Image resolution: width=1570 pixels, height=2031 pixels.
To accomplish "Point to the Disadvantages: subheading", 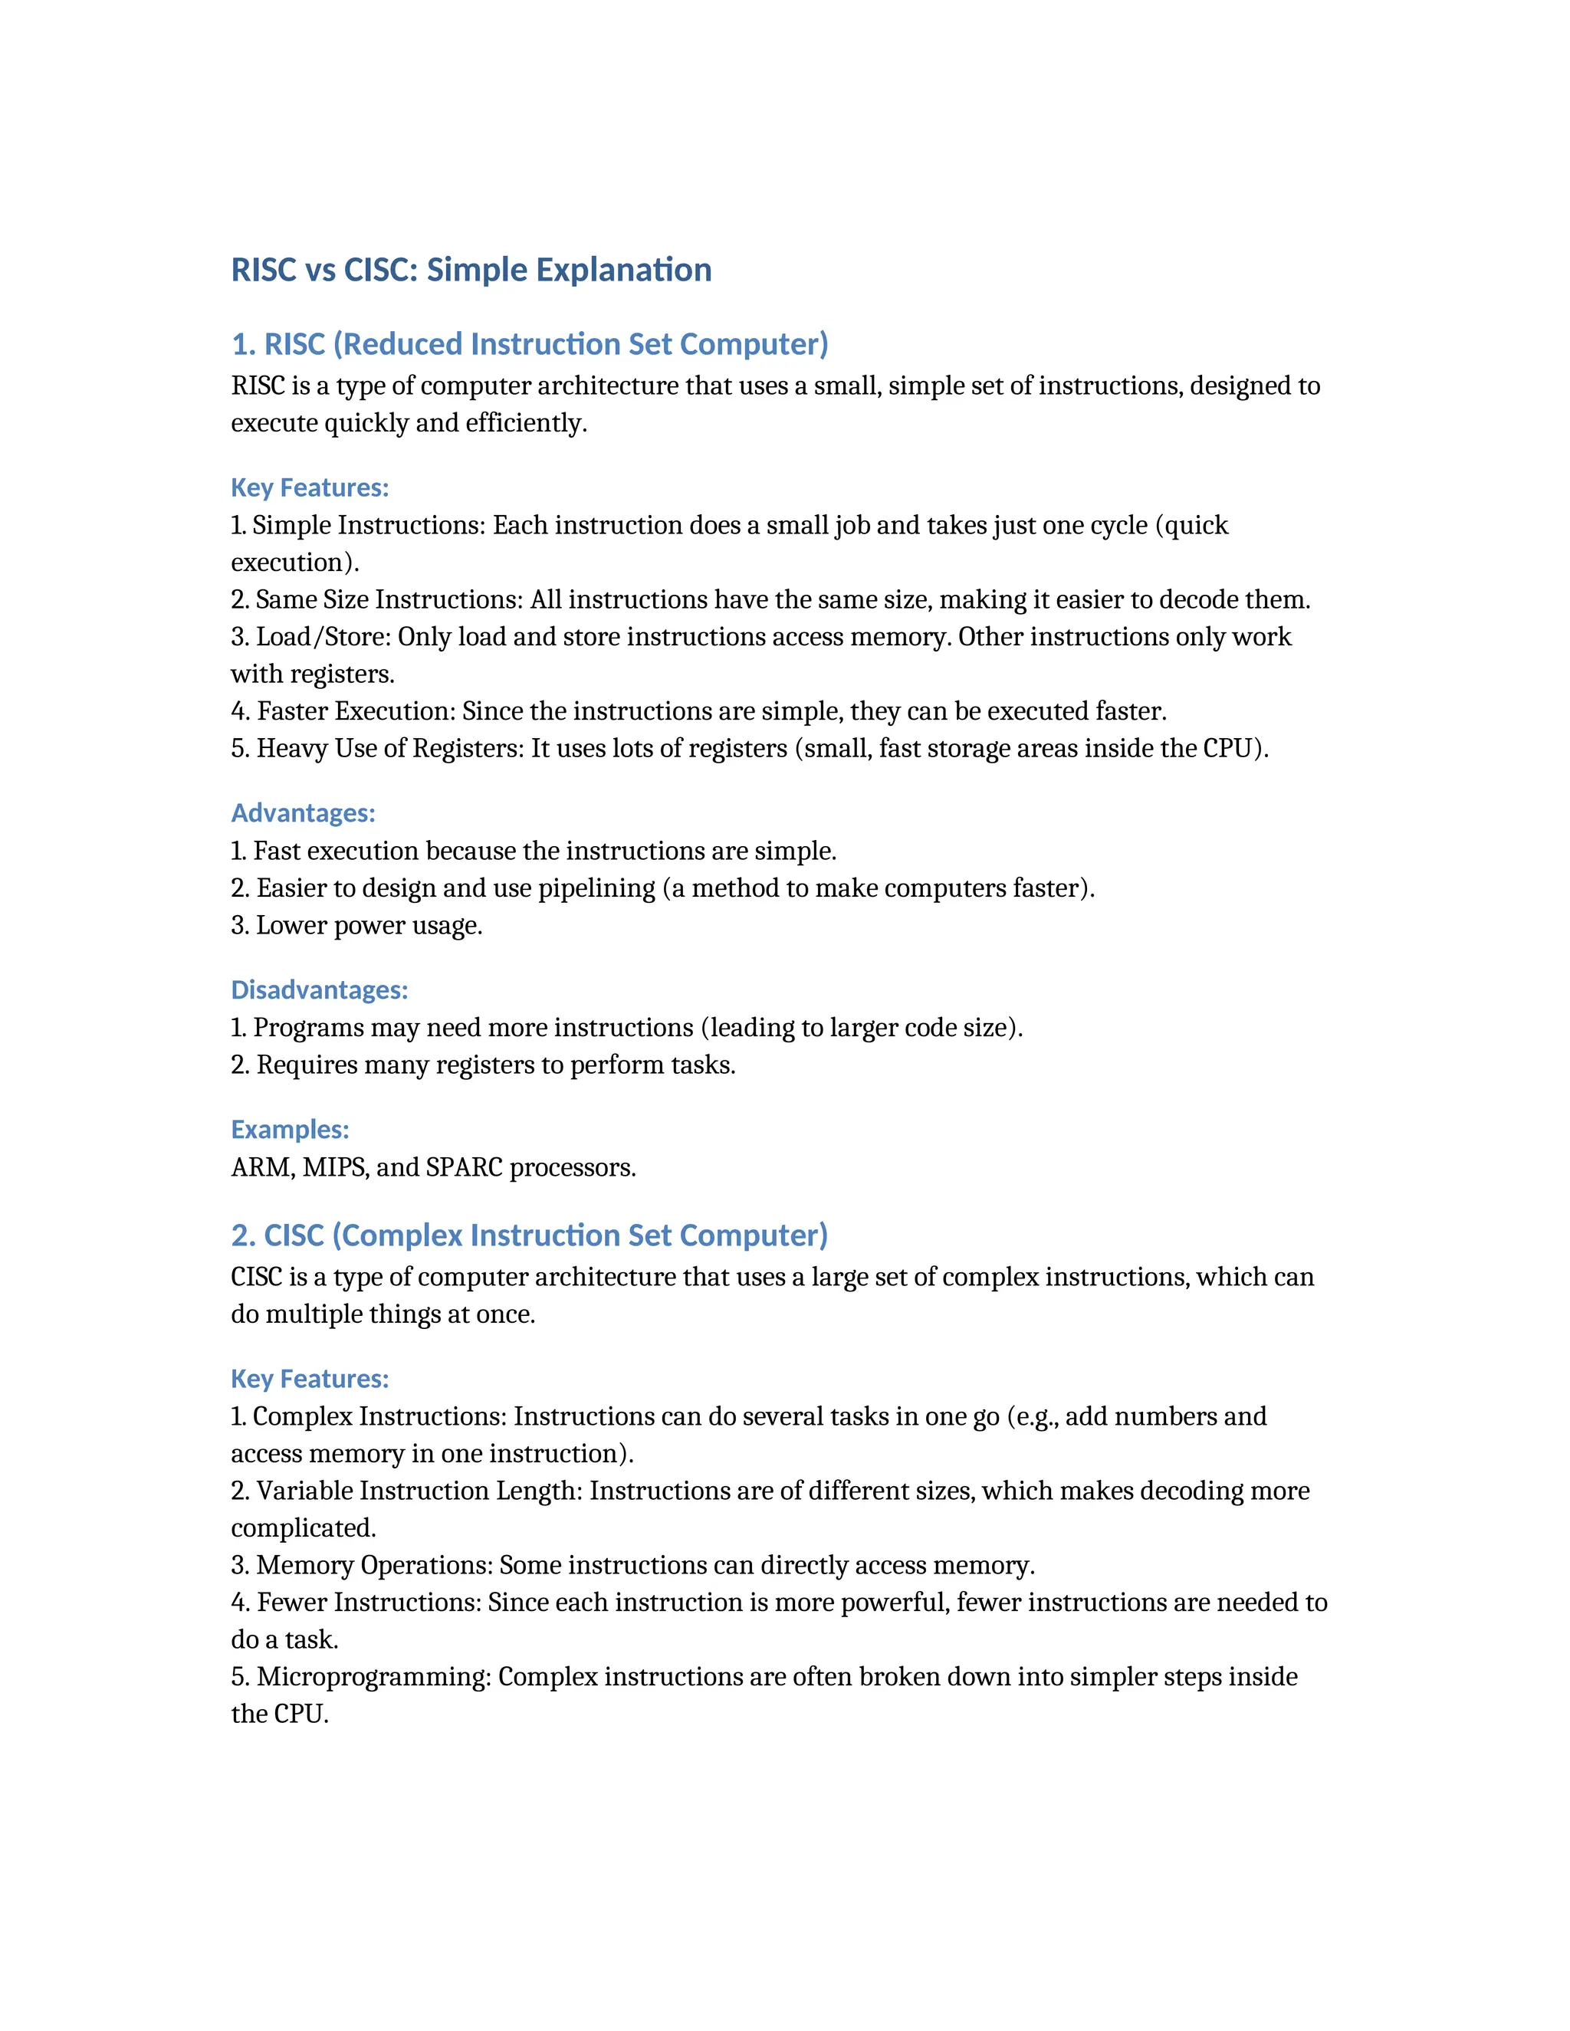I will pyautogui.click(x=319, y=989).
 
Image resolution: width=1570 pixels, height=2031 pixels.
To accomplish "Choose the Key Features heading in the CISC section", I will pyautogui.click(x=310, y=1378).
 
